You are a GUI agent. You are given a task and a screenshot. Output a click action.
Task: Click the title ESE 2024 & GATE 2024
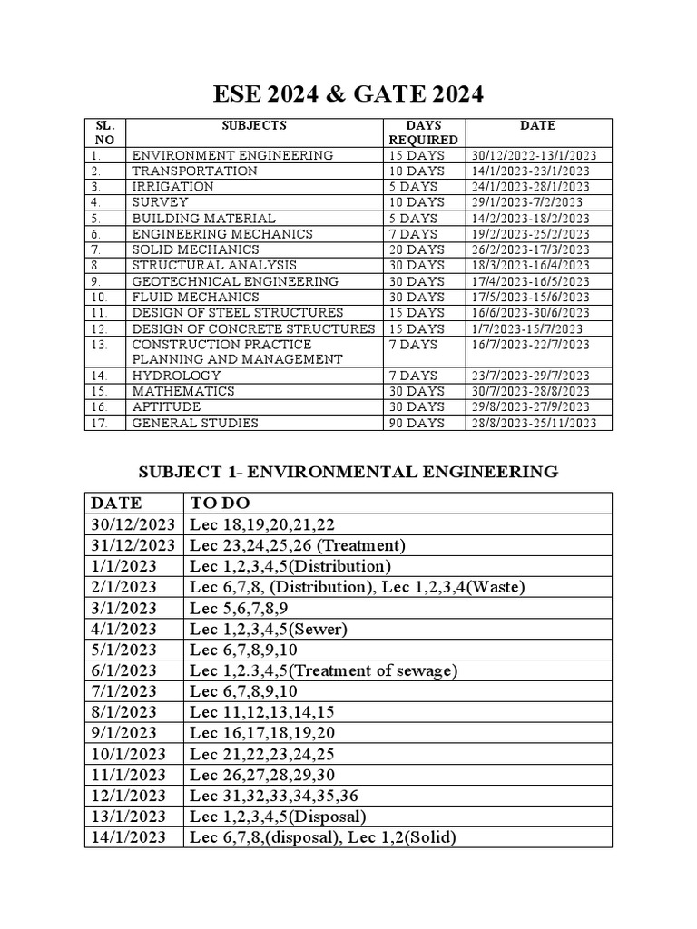click(348, 93)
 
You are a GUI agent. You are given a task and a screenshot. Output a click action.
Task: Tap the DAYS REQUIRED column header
click(423, 132)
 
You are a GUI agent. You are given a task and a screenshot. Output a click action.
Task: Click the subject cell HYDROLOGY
click(176, 376)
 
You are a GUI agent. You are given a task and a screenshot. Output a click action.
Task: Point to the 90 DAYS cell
click(416, 423)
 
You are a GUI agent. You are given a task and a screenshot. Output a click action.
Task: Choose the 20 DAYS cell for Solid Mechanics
click(416, 249)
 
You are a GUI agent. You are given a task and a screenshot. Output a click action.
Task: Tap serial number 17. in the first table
click(99, 423)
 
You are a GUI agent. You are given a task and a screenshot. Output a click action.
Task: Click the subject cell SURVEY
click(161, 202)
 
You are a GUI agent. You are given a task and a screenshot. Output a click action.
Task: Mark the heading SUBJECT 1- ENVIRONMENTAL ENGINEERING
click(348, 472)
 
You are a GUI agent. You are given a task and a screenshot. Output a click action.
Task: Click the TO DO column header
click(220, 503)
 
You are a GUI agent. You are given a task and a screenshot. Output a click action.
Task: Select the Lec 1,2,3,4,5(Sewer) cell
click(269, 629)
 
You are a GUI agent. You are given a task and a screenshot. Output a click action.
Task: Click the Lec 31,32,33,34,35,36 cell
click(270, 796)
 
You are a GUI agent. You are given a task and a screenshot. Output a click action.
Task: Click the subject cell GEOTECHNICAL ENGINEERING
click(235, 281)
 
